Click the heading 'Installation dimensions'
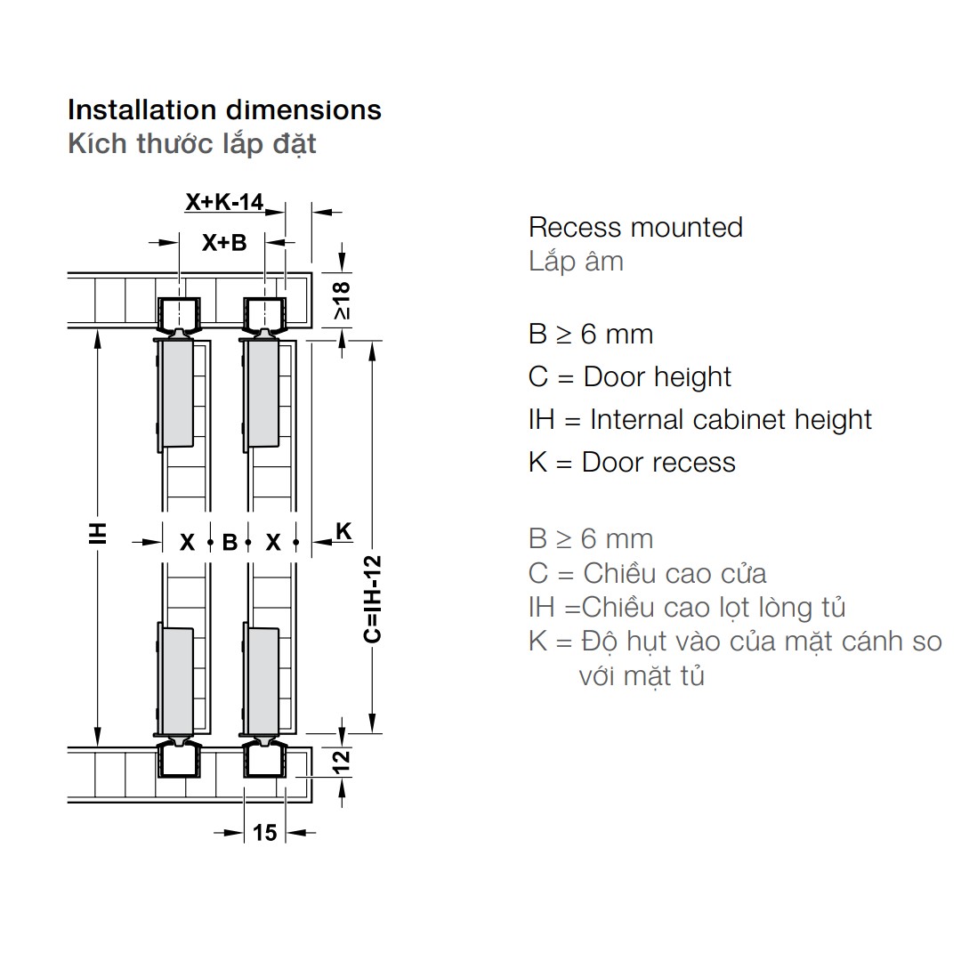click(224, 110)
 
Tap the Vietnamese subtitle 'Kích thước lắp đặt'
click(192, 145)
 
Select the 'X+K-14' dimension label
click(224, 202)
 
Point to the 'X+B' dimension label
click(224, 243)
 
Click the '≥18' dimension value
click(342, 301)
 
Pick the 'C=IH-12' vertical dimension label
click(373, 600)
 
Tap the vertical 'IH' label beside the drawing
click(98, 534)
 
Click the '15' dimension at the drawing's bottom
click(265, 832)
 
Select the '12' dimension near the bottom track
click(342, 761)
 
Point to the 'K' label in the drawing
click(343, 530)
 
